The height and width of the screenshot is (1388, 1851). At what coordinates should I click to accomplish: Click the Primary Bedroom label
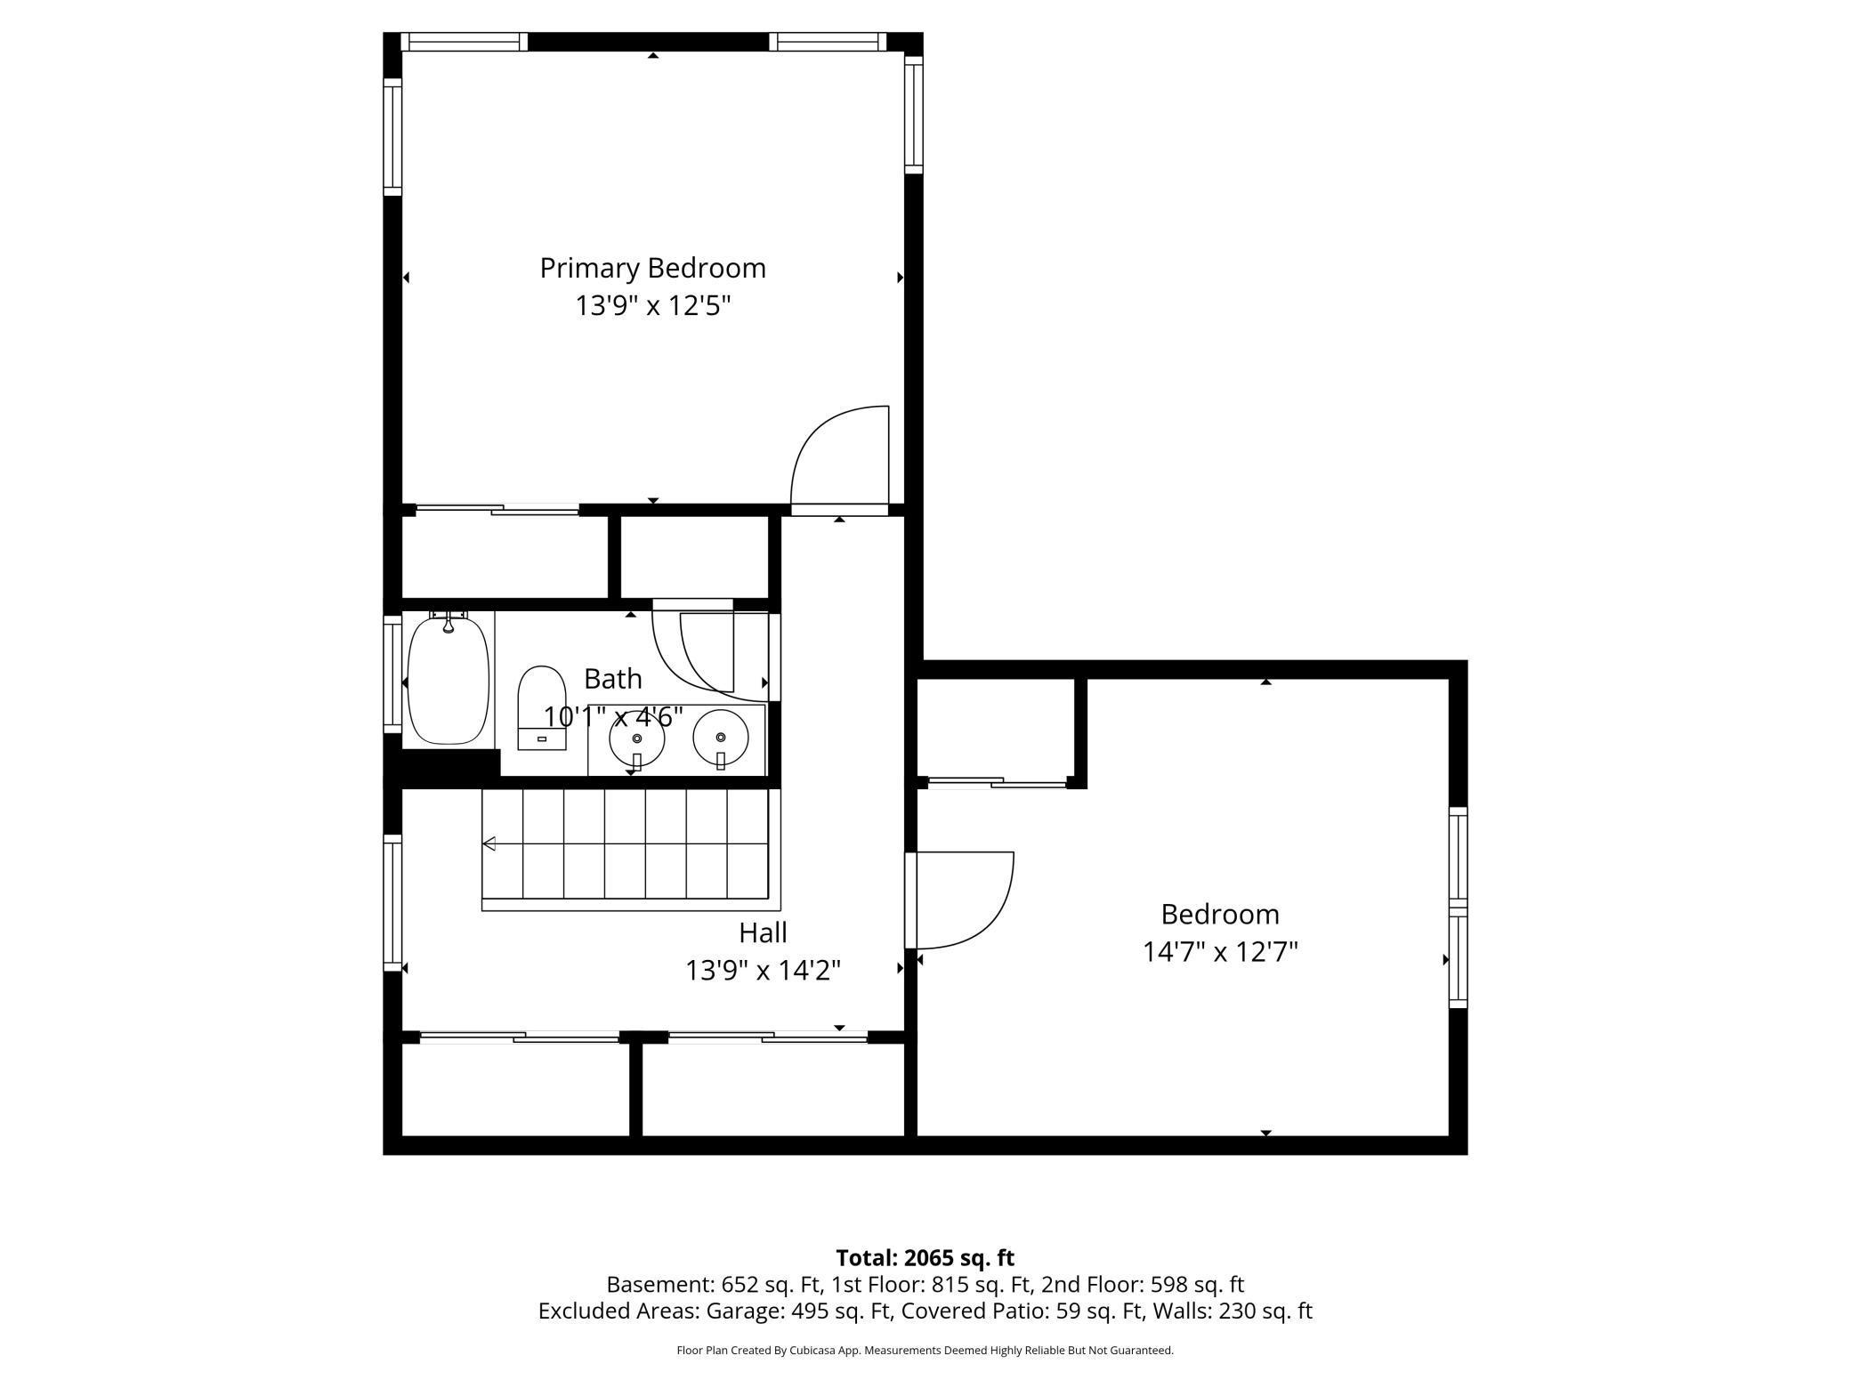click(x=652, y=268)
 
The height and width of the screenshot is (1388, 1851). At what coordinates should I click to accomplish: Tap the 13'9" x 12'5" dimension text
click(x=652, y=306)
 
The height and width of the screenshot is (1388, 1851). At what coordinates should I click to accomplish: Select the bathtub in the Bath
click(x=449, y=678)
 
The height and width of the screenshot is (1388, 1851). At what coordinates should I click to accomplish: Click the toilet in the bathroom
click(x=542, y=707)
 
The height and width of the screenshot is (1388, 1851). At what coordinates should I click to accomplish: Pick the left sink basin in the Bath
click(x=636, y=738)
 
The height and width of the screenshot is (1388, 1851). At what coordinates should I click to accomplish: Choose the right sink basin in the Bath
click(x=720, y=738)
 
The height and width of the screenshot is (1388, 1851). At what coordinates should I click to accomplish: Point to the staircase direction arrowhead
click(x=489, y=843)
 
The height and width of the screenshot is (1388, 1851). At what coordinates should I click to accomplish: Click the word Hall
click(x=763, y=932)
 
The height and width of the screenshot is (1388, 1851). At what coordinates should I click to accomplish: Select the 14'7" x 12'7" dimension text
click(x=1220, y=952)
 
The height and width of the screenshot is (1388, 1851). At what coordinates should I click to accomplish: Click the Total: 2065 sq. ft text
click(x=925, y=1257)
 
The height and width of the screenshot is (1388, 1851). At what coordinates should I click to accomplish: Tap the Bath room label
click(x=612, y=679)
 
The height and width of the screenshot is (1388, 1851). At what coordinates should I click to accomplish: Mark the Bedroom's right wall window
click(x=1458, y=908)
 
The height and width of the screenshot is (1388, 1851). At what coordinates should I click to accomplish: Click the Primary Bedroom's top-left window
click(x=464, y=42)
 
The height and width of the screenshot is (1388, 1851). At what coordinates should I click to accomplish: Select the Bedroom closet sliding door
click(x=997, y=783)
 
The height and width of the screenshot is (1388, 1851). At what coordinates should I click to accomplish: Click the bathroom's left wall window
click(x=392, y=674)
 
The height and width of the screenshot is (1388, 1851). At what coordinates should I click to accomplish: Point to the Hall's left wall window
click(x=392, y=902)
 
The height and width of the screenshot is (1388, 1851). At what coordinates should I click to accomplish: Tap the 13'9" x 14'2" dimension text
click(x=763, y=970)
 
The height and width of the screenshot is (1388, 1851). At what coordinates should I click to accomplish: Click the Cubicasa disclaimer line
click(x=925, y=1350)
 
